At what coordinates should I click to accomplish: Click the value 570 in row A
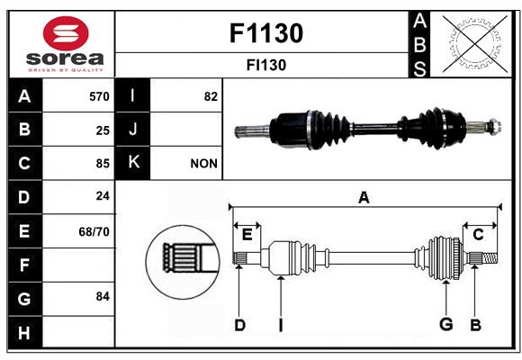tap(99, 96)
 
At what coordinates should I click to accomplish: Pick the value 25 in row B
tap(103, 130)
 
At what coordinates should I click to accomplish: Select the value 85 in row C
tap(103, 164)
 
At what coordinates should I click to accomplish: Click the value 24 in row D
tap(103, 196)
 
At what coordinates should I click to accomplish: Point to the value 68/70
tap(94, 231)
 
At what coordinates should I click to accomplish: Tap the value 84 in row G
tap(103, 296)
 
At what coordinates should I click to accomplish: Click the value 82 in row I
tap(211, 96)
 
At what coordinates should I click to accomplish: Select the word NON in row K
tap(203, 164)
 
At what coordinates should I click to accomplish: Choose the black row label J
tap(133, 130)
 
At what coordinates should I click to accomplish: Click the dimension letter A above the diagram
tap(364, 198)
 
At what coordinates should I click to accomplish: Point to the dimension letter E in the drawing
tap(247, 235)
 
